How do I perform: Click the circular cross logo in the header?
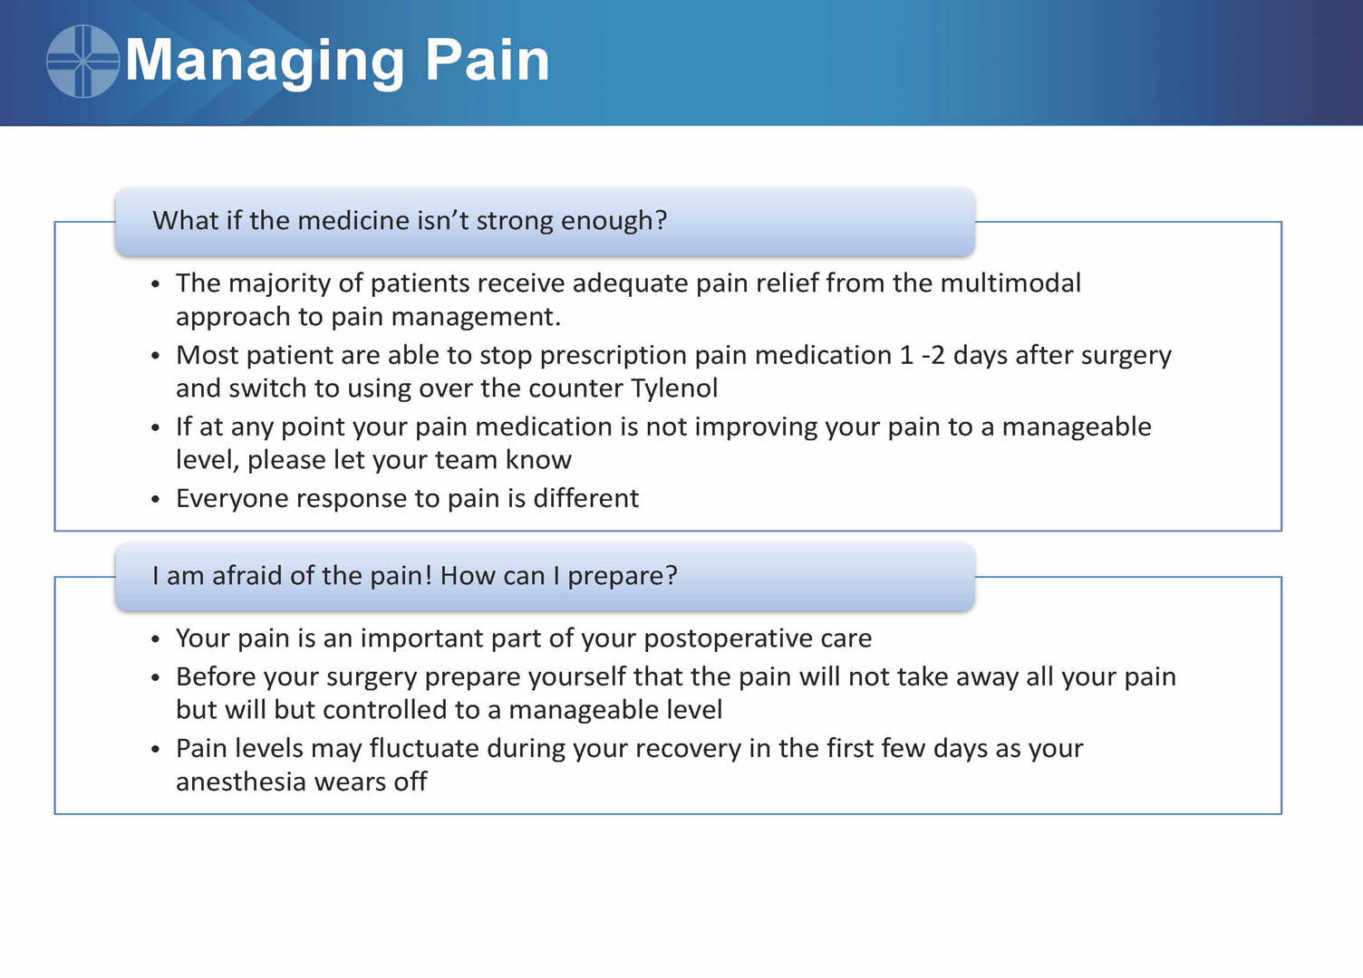pyautogui.click(x=82, y=61)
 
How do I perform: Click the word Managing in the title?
pyautogui.click(x=265, y=62)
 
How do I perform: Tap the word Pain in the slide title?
pyautogui.click(x=488, y=60)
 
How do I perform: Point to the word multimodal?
pyautogui.click(x=1010, y=283)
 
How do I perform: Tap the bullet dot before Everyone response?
pyautogui.click(x=156, y=500)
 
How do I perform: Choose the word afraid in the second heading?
pyautogui.click(x=246, y=575)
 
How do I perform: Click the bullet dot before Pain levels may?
pyautogui.click(x=156, y=750)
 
